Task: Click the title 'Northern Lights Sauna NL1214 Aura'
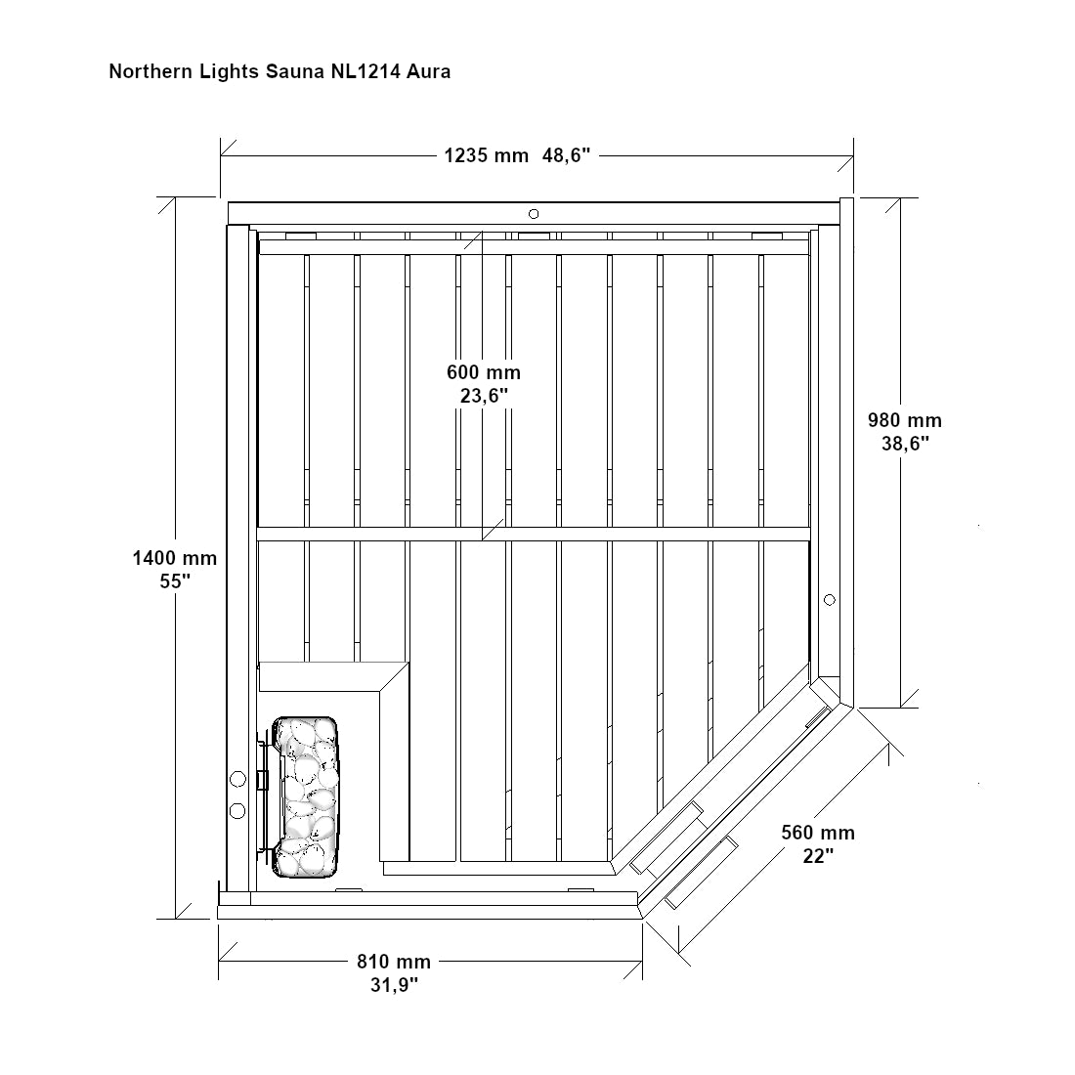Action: (279, 72)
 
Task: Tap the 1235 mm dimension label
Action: (486, 155)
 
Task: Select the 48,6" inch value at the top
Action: (566, 155)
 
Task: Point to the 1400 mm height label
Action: (175, 558)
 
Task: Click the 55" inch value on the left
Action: (175, 581)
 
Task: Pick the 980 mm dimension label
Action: (905, 420)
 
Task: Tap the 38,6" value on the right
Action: (905, 444)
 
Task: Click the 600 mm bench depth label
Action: (484, 372)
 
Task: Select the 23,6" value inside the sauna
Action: (484, 396)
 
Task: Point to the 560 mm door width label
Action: (818, 833)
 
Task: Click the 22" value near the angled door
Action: (818, 856)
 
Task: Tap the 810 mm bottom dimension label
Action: (394, 962)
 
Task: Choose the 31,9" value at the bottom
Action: (394, 985)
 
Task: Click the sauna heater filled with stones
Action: (305, 797)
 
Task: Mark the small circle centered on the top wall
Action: (534, 214)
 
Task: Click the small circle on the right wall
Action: (829, 601)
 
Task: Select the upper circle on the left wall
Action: (237, 780)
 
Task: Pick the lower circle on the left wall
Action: (237, 811)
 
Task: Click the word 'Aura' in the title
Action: (428, 72)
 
